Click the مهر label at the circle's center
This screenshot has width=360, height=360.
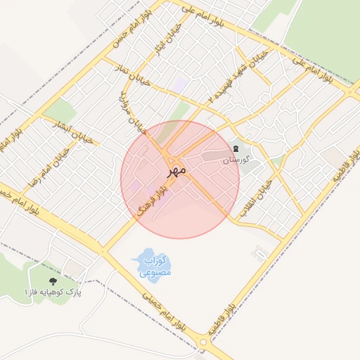coord(176,170)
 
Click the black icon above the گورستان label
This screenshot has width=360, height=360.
coord(236,148)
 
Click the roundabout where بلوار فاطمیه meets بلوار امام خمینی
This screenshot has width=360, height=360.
coord(205,342)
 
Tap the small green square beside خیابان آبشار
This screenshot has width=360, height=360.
coord(59,111)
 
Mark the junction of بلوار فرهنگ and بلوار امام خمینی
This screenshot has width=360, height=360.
coord(103,250)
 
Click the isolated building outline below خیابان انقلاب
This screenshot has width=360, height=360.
coord(262,251)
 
